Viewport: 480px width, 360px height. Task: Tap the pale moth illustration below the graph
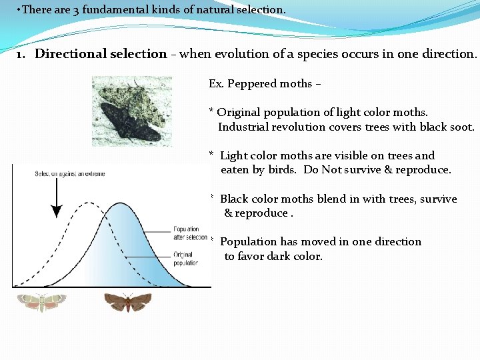click(41, 302)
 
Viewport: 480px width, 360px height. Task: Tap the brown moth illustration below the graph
click(128, 303)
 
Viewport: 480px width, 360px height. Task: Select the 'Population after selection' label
click(186, 233)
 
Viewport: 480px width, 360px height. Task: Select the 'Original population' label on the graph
click(185, 259)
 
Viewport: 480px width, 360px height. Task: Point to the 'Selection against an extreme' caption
click(70, 174)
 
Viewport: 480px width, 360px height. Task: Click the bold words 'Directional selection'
click(101, 54)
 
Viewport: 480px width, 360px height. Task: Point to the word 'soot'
click(460, 127)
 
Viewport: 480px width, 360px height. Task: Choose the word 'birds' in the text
click(283, 169)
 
